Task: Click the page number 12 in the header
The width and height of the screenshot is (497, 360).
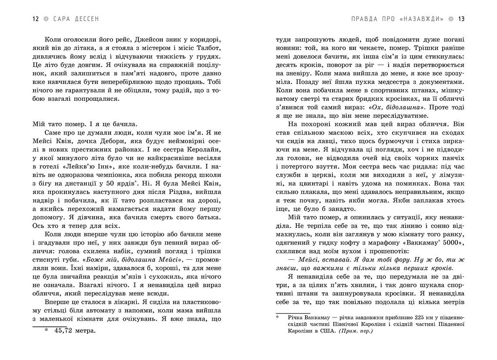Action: pos(36,19)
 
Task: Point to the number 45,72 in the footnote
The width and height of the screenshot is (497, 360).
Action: pos(64,331)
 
